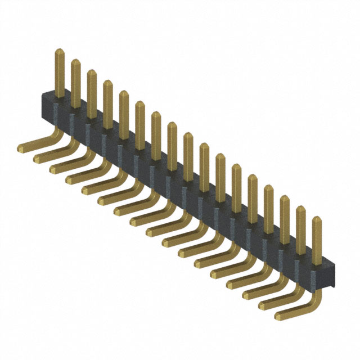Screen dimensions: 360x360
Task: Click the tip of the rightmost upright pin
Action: pos(317,220)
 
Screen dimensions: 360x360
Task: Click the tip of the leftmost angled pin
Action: pos(21,150)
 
